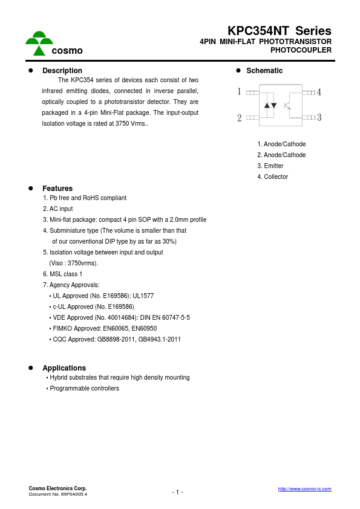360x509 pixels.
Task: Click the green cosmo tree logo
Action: [39, 43]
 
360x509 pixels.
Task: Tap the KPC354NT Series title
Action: [279, 31]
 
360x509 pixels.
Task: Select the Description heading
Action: [62, 71]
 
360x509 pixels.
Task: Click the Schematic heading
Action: [264, 71]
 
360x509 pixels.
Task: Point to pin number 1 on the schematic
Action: [240, 92]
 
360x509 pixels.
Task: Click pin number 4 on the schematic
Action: [319, 92]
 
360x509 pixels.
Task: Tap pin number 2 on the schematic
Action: [240, 118]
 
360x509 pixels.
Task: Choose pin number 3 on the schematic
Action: [319, 117]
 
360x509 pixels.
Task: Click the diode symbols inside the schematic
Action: [270, 105]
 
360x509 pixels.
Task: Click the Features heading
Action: [57, 189]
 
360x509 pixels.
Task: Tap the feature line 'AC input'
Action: [58, 209]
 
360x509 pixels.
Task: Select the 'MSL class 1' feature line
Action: [63, 274]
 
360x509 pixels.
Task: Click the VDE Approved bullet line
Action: [121, 317]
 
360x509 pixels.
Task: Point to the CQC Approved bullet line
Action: [117, 339]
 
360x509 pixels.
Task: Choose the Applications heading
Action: [64, 368]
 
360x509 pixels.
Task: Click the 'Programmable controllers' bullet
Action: [84, 388]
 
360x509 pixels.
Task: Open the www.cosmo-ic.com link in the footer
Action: [304, 488]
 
